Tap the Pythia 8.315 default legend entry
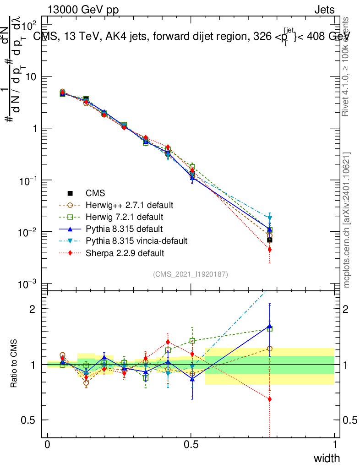[x=124, y=229]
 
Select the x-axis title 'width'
[x=327, y=458]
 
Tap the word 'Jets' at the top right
[x=324, y=10]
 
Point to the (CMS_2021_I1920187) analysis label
[x=191, y=274]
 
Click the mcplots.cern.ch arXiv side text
[x=347, y=220]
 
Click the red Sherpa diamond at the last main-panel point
[x=270, y=250]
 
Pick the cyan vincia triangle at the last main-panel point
[x=270, y=218]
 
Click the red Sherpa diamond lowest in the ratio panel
[x=270, y=399]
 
